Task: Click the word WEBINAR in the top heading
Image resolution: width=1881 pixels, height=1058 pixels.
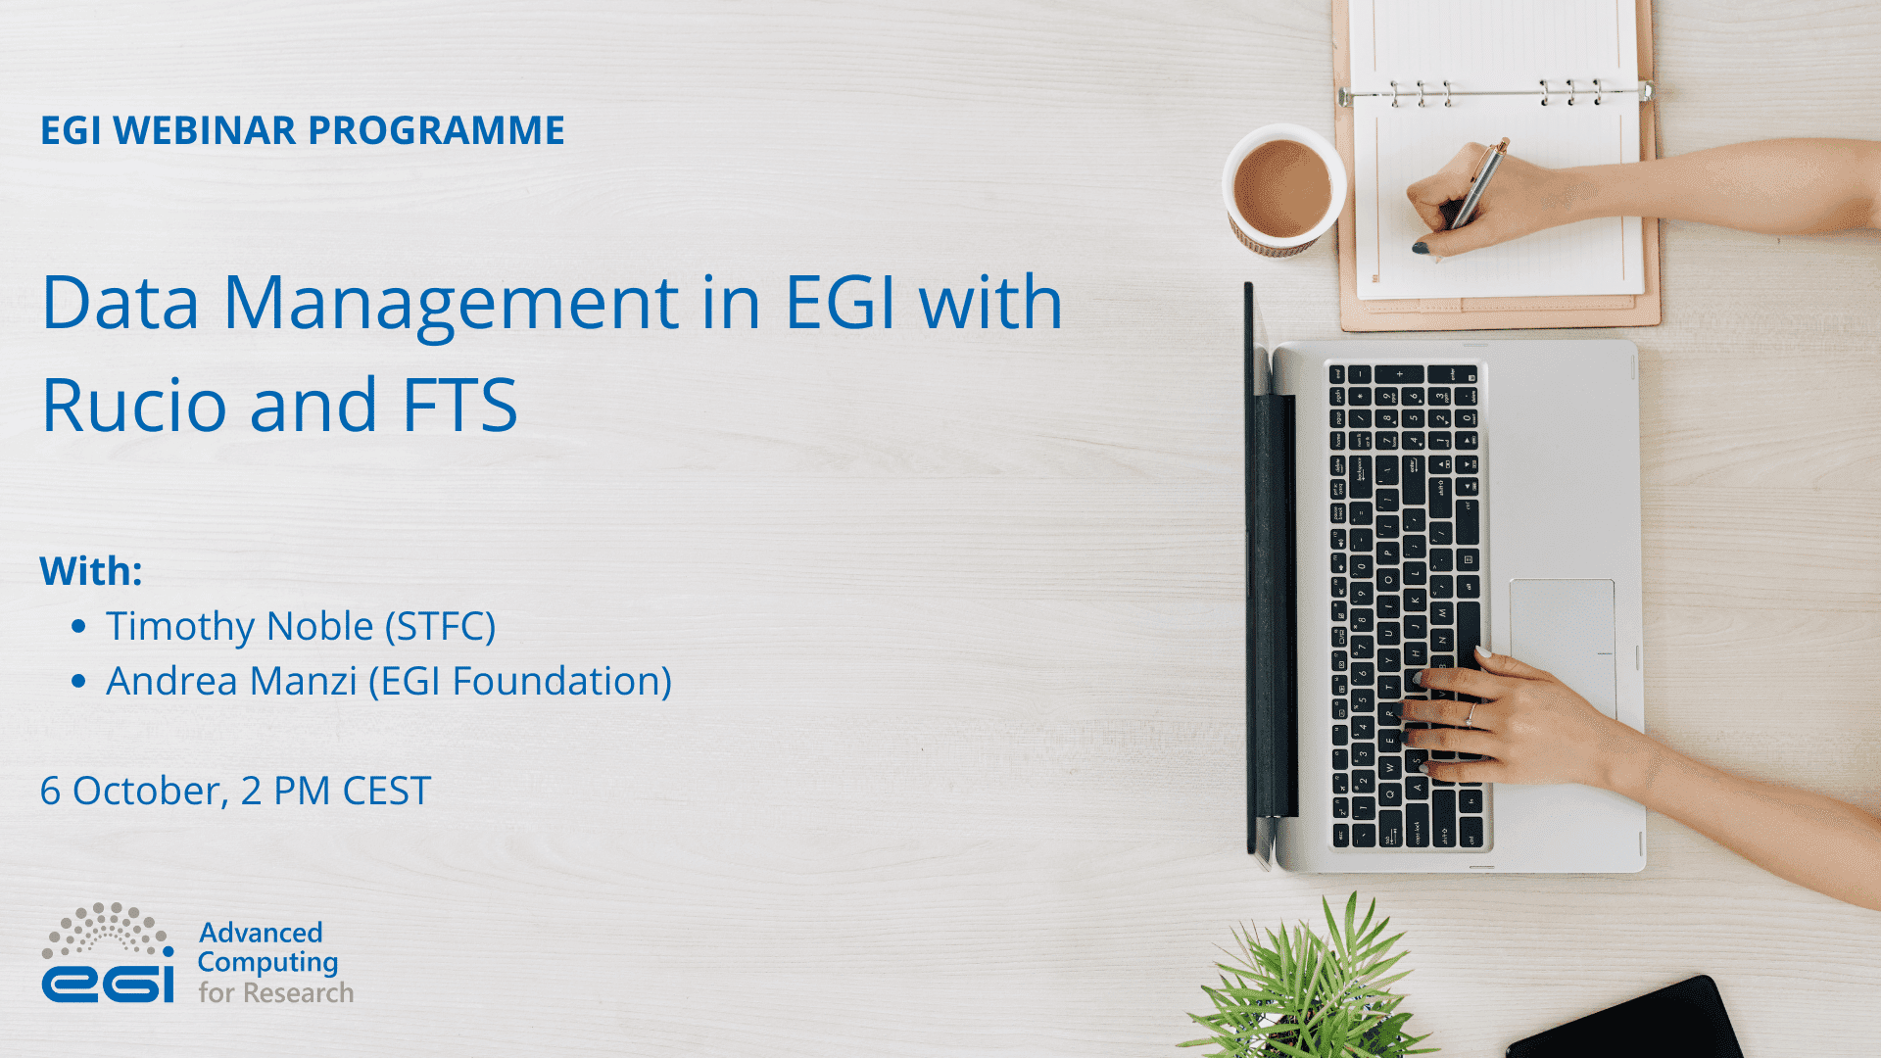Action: [x=204, y=130]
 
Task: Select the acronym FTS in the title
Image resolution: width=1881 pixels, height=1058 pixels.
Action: [x=459, y=405]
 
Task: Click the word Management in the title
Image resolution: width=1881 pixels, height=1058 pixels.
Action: [x=451, y=304]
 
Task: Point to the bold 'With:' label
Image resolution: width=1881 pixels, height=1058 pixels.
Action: [x=91, y=571]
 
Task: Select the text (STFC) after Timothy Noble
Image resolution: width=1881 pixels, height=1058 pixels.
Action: [x=440, y=627]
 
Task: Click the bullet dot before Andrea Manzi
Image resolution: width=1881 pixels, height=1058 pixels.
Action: [x=79, y=682]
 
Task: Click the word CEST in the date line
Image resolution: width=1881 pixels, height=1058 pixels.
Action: [x=386, y=792]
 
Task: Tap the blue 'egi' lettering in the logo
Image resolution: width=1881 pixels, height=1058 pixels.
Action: [x=108, y=983]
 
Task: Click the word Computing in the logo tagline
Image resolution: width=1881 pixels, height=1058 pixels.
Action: [x=267, y=963]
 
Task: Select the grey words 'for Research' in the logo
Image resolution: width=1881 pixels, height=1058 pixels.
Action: [x=275, y=993]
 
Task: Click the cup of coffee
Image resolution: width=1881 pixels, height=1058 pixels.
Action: [x=1281, y=189]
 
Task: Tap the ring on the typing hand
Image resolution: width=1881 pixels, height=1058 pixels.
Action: [x=1471, y=714]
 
